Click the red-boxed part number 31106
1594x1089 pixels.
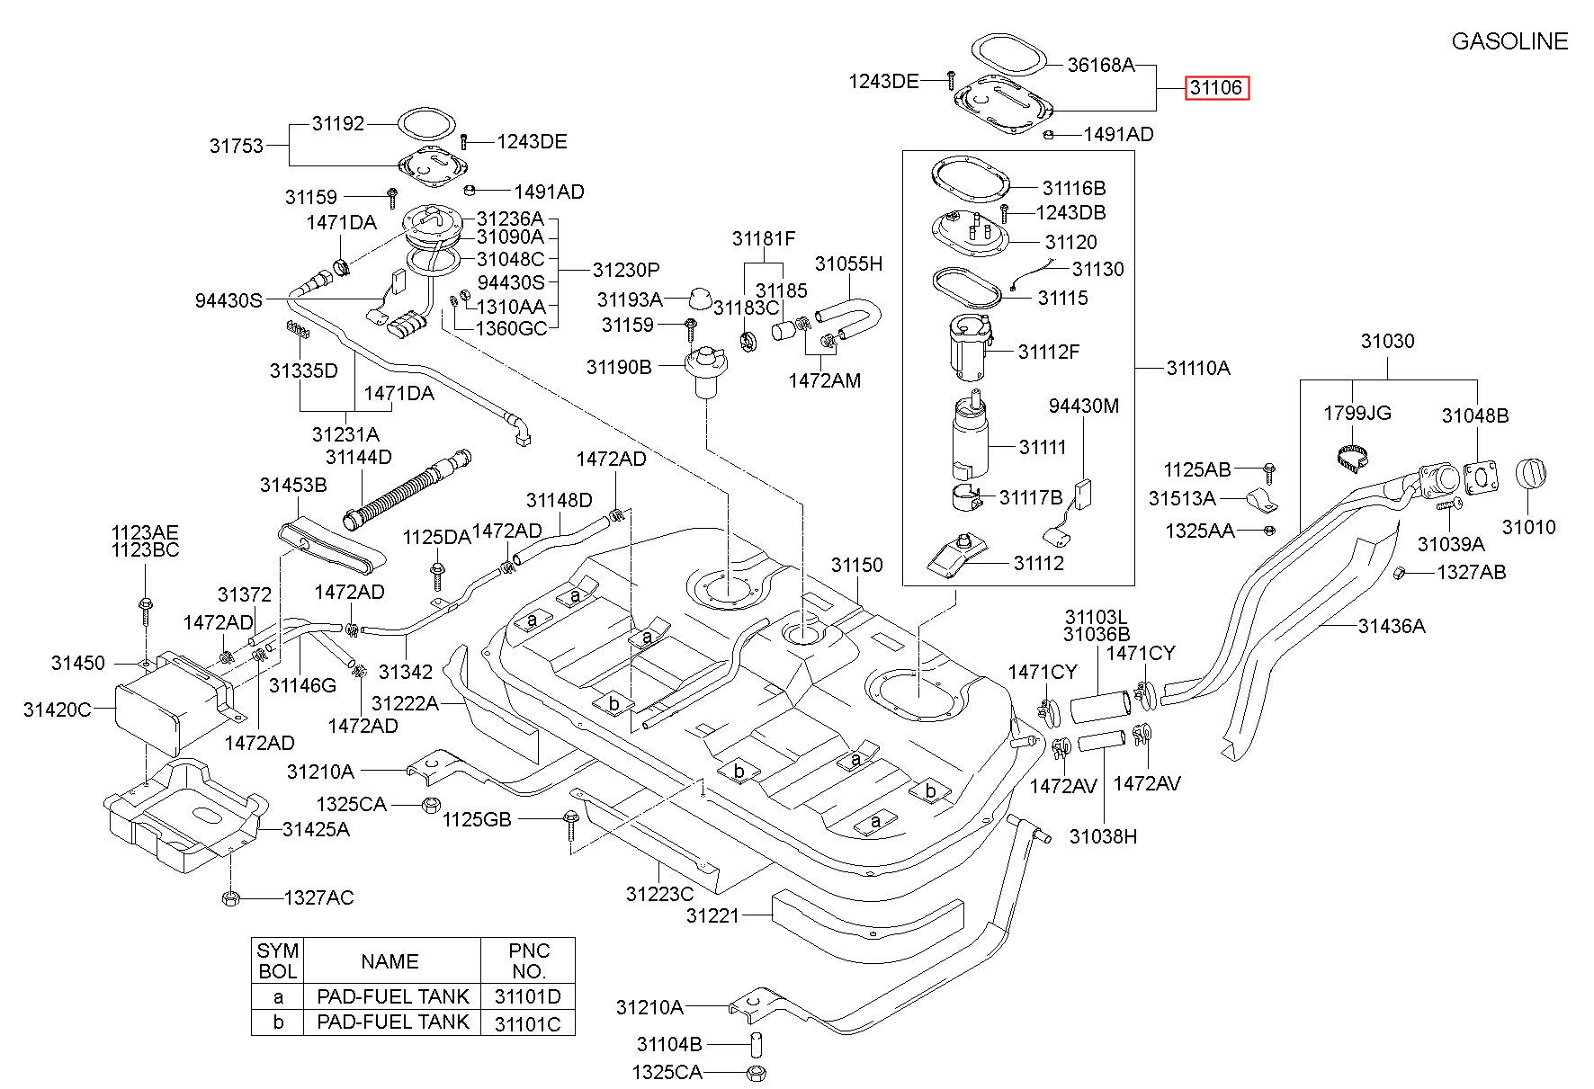coord(1216,87)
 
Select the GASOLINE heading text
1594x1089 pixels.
coord(1509,41)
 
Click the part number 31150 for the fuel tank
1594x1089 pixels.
coord(856,565)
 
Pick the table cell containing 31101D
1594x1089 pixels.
coord(528,995)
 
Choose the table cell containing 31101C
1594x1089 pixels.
coord(528,1022)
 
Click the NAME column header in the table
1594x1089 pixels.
coord(390,961)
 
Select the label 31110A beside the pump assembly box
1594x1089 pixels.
coord(1198,368)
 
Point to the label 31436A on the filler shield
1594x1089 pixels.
coord(1392,626)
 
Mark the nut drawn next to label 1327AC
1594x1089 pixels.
coord(229,897)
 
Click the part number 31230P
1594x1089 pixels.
coord(626,270)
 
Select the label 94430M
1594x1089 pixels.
coord(1084,406)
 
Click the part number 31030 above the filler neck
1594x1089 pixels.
coord(1387,341)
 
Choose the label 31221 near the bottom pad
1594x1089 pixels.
coord(712,915)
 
